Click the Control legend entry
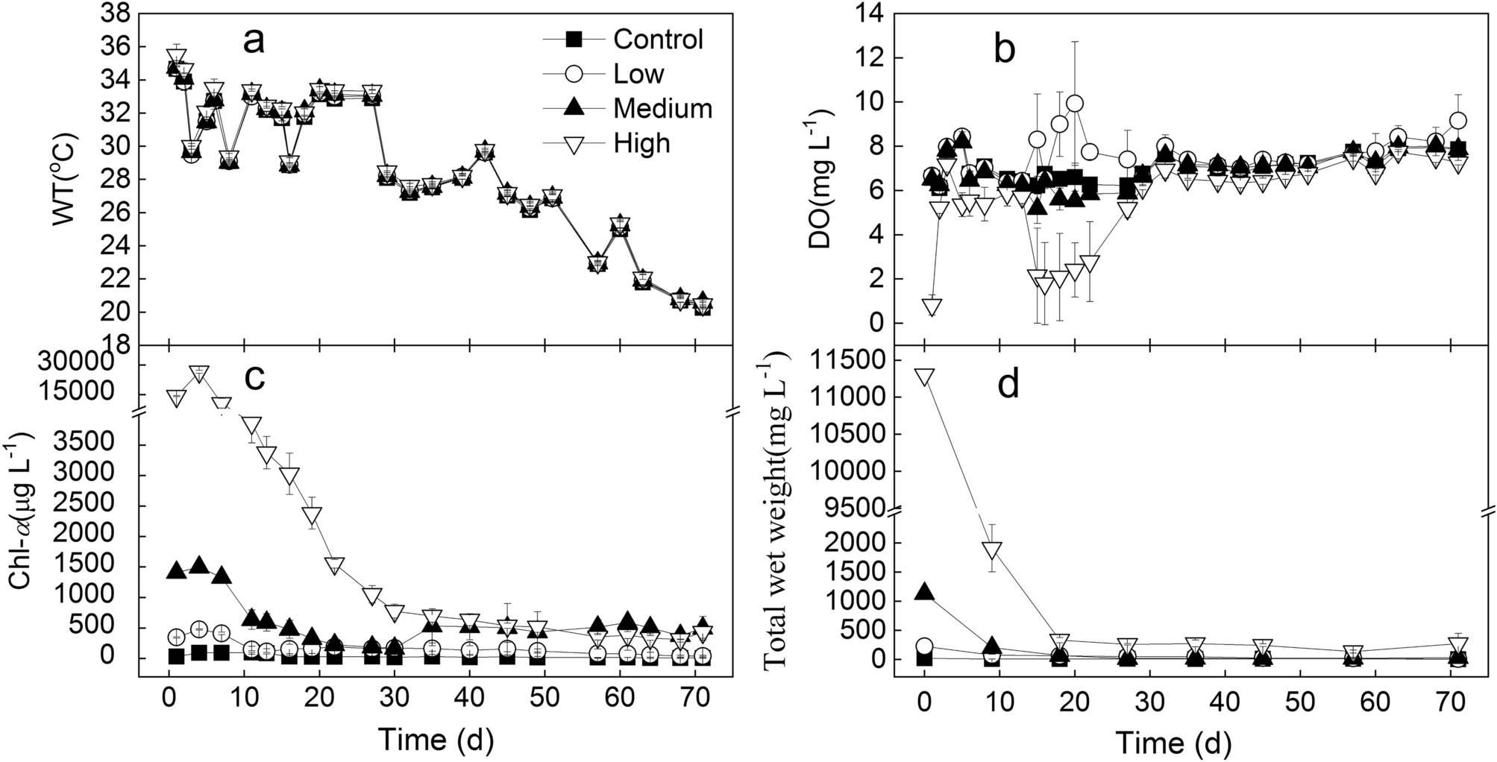(658, 39)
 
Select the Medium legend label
(662, 108)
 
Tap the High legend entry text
(641, 142)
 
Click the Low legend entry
(638, 73)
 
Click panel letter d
(1008, 387)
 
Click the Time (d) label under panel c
(436, 740)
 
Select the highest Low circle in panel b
(1074, 104)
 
